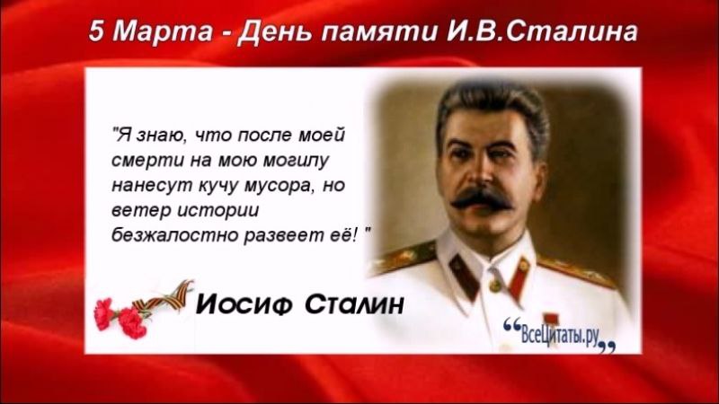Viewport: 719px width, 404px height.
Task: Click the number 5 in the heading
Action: [x=97, y=31]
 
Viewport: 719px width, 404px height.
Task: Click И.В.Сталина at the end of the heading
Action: [x=541, y=32]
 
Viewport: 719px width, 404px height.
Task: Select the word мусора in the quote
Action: [x=279, y=187]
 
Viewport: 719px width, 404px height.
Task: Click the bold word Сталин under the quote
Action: [x=354, y=304]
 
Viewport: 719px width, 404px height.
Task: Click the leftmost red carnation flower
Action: [x=103, y=314]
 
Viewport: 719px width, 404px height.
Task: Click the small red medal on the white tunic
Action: [x=550, y=319]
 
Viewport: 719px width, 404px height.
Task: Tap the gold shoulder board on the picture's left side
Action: [x=404, y=258]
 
